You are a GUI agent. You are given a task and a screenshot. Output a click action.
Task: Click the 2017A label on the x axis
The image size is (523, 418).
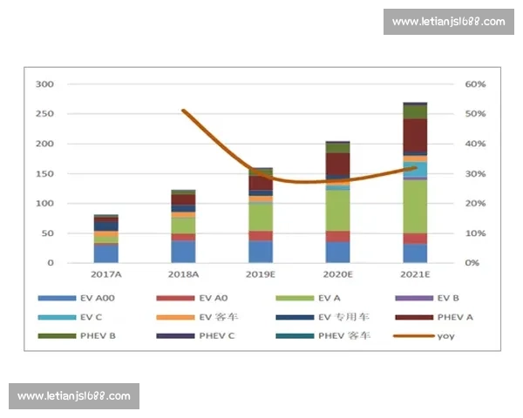tap(106, 275)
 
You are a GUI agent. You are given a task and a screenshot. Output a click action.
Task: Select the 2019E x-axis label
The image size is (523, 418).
tap(261, 275)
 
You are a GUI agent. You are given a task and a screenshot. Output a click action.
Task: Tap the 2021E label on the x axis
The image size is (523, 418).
tap(415, 275)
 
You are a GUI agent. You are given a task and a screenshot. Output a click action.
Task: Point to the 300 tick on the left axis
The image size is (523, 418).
tap(44, 84)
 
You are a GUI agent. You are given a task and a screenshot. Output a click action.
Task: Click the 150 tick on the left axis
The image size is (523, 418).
tap(44, 174)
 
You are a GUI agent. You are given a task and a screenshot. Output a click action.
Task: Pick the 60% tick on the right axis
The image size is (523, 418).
tap(475, 84)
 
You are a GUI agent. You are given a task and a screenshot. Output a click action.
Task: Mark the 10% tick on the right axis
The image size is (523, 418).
tap(475, 233)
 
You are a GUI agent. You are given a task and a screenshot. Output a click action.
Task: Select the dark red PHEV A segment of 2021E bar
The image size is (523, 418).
tap(415, 136)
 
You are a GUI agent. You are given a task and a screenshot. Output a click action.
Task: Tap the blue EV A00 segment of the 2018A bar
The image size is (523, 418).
tap(183, 252)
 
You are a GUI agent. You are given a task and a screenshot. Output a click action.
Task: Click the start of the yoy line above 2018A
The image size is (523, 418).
tap(183, 111)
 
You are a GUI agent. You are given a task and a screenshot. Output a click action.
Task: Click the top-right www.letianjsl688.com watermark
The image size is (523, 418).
tap(448, 22)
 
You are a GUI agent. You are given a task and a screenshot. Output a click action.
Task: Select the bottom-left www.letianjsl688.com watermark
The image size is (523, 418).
tap(73, 396)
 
